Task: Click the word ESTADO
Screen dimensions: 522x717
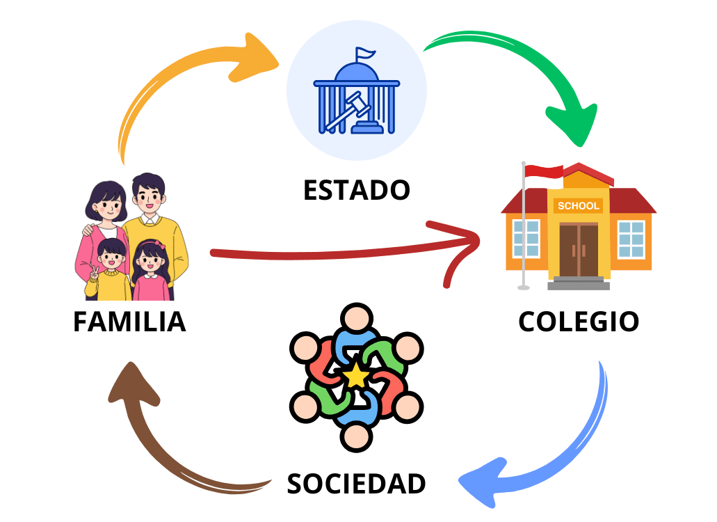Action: point(356,189)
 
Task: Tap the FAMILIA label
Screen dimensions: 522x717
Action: point(129,322)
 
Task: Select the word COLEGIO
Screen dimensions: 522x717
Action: point(579,322)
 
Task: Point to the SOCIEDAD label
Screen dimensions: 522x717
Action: point(356,484)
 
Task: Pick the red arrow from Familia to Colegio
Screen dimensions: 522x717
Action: point(334,253)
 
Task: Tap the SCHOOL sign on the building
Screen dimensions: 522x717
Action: point(578,206)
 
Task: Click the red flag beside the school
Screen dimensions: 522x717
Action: point(544,171)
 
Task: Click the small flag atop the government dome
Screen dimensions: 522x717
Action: point(364,53)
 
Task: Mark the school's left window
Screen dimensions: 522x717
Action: point(526,239)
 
